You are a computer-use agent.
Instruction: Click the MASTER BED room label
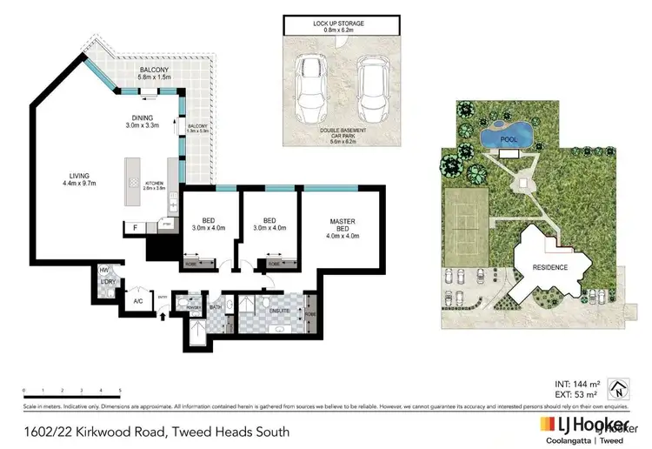[x=341, y=228]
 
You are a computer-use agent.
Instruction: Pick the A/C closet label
[x=137, y=301]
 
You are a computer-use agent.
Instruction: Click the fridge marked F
[x=135, y=228]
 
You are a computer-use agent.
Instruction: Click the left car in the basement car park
[x=309, y=88]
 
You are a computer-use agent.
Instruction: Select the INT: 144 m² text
[x=575, y=383]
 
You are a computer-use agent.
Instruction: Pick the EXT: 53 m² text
[x=575, y=393]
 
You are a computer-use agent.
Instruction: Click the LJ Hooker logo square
[x=548, y=425]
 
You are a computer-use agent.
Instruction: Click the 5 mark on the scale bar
[x=120, y=390]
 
